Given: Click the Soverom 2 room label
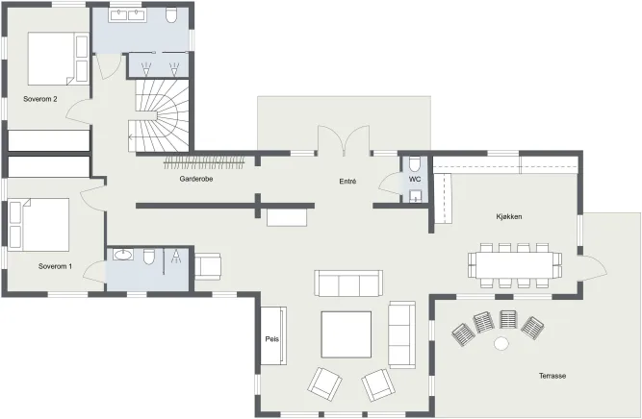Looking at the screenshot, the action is pos(40,99).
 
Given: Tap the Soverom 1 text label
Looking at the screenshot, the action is pos(55,266).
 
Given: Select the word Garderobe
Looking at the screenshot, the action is pos(196,179).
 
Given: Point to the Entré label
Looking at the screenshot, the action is pos(347,182).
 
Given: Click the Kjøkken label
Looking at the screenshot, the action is pos(509,216).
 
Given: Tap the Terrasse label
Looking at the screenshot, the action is pos(552,376).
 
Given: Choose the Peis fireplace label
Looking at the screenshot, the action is pos(271,339).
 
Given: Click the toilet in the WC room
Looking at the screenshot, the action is pos(415,164).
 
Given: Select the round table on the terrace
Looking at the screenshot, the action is pos(501,343).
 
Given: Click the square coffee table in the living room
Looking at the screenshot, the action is pos(347,334).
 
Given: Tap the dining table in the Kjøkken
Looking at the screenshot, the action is pos(515,265).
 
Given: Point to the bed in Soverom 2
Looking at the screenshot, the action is pos(58,59).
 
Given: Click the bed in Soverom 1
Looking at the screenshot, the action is pos(39,225).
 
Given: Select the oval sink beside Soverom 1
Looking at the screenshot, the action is pos(123,255).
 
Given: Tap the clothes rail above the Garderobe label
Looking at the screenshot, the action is pos(204,162).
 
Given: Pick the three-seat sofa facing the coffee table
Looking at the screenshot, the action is pos(348,283).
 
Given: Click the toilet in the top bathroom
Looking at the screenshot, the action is pos(171,15).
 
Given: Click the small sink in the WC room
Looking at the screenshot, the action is pos(415,197).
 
